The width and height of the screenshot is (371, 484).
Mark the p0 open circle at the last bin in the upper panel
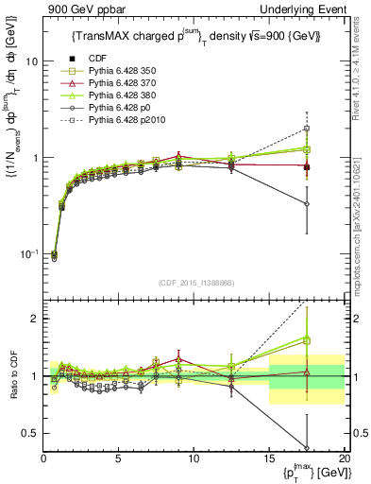[x=306, y=203]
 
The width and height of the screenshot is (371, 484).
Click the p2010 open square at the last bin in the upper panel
[x=306, y=129]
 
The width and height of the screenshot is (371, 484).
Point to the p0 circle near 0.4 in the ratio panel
[x=306, y=447]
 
